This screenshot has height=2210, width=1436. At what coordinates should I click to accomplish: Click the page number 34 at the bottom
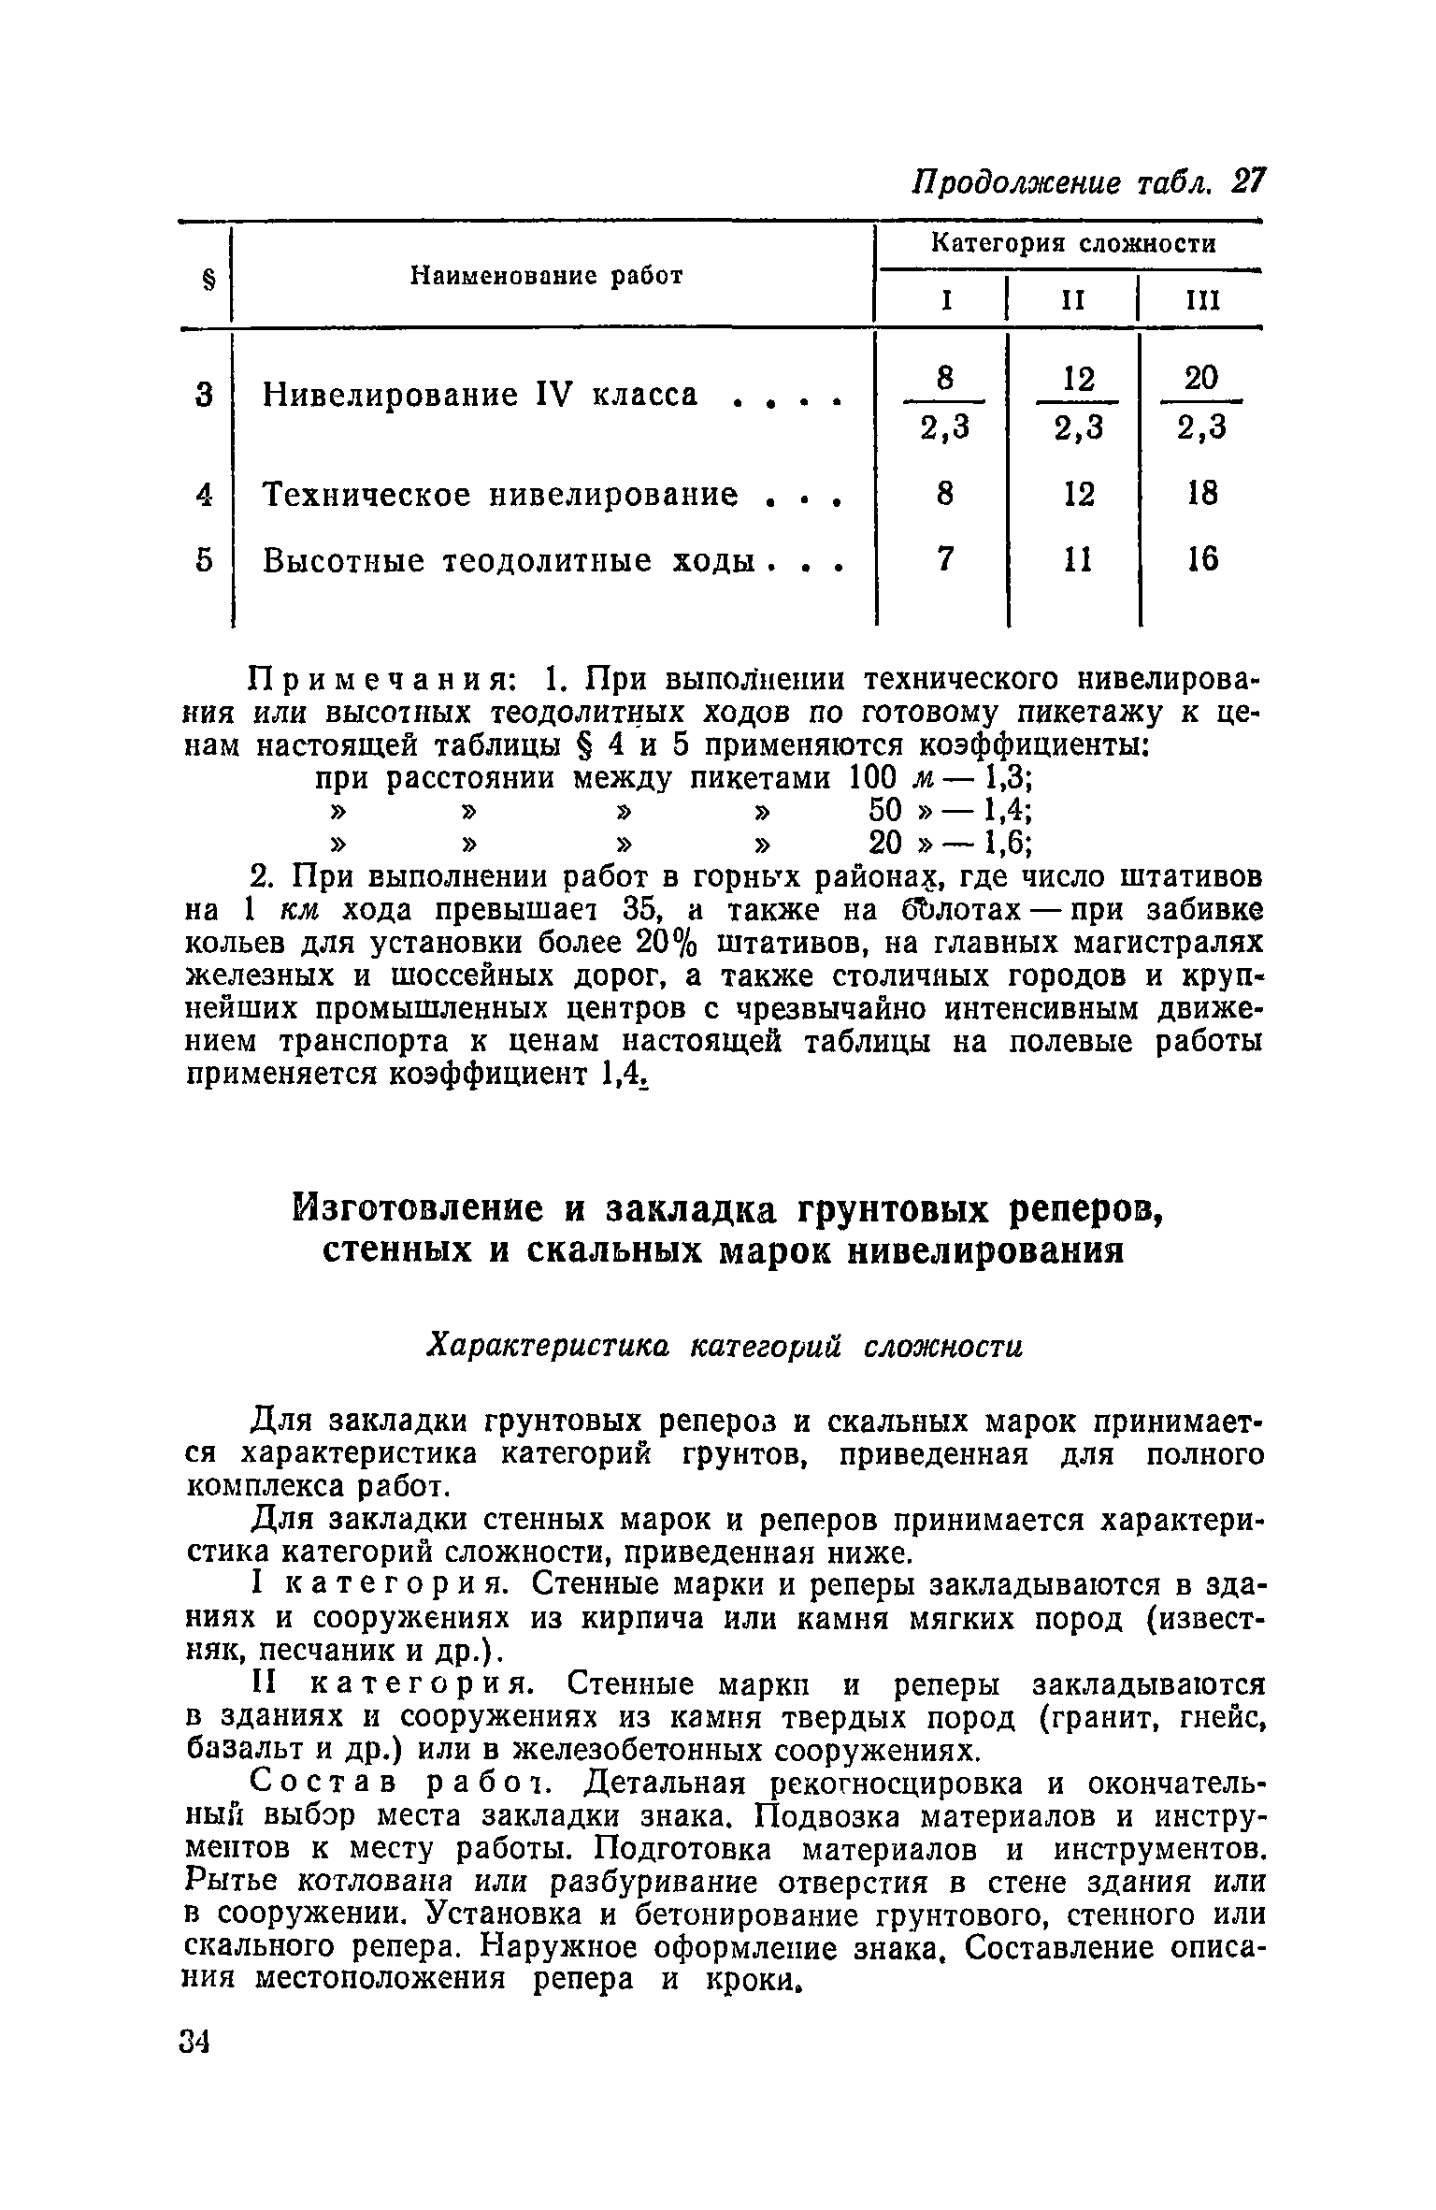pyautogui.click(x=194, y=2041)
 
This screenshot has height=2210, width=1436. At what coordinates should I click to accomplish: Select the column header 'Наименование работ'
pyautogui.click(x=549, y=276)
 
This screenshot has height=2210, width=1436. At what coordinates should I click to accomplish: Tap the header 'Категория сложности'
pyautogui.click(x=1075, y=245)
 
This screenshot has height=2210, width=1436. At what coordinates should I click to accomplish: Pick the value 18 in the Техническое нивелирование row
pyautogui.click(x=1202, y=493)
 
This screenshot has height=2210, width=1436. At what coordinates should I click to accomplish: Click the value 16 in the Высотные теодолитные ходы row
pyautogui.click(x=1202, y=559)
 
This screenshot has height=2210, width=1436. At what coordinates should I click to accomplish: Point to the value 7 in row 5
pyautogui.click(x=946, y=559)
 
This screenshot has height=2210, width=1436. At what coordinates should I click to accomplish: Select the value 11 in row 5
pyautogui.click(x=1078, y=559)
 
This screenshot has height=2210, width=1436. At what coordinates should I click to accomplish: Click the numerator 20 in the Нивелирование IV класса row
pyautogui.click(x=1201, y=379)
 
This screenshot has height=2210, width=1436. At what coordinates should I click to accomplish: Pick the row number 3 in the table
pyautogui.click(x=206, y=396)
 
